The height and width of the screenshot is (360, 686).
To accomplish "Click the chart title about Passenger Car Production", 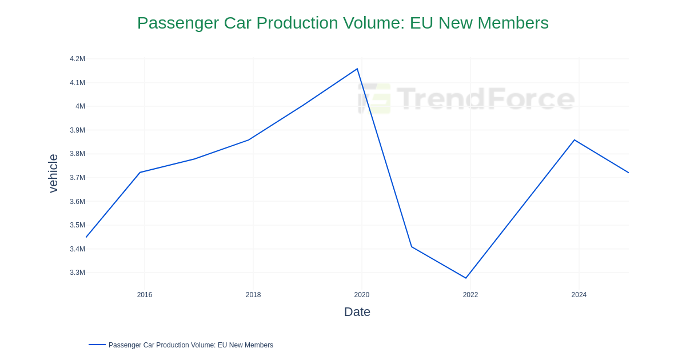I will click(342, 23).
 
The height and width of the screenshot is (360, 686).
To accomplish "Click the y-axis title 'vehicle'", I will click(53, 173).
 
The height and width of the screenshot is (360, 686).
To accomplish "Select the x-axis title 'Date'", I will click(357, 312).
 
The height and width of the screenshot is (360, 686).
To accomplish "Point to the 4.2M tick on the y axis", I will click(77, 59).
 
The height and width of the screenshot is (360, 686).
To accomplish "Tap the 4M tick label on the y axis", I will click(80, 106).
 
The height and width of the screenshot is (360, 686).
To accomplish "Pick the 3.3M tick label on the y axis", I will click(77, 273).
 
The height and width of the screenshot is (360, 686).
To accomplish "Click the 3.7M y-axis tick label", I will click(77, 178).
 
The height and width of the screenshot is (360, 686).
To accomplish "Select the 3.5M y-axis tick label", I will click(77, 225).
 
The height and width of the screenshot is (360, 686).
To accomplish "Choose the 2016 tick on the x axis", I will click(145, 295).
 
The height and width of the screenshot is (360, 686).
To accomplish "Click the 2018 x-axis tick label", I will click(253, 295).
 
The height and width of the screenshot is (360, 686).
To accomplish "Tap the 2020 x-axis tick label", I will click(362, 295).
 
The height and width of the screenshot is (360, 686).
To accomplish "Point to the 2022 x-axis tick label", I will click(470, 295).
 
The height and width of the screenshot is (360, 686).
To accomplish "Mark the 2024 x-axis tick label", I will click(579, 295).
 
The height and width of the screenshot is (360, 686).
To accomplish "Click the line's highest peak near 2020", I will click(357, 69).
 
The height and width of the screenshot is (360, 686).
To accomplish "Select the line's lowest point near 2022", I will click(466, 278).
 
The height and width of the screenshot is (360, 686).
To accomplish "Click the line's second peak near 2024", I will click(575, 140).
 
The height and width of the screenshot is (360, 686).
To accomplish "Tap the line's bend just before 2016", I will click(140, 172).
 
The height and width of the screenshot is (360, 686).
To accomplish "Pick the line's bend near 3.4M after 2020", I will click(412, 247).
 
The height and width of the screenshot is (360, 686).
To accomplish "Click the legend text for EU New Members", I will click(190, 345).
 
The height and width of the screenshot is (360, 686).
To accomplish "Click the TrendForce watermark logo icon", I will click(374, 98).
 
